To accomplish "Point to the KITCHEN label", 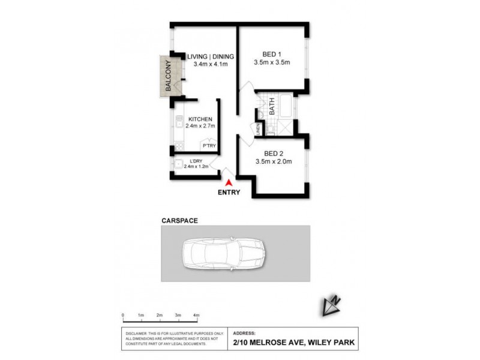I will click(200, 119).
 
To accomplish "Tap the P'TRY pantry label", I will click(209, 146).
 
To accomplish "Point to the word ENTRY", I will click(230, 193).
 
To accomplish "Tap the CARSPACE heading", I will click(179, 221).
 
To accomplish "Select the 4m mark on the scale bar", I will click(196, 315).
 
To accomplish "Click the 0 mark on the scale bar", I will click(122, 315).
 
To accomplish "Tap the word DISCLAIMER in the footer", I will click(136, 332).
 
